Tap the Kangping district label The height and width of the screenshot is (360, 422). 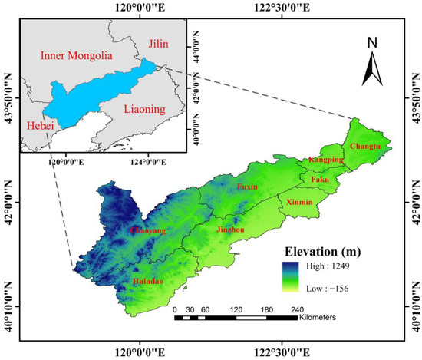pyautogui.click(x=324, y=160)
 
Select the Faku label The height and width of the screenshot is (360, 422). pyautogui.click(x=320, y=180)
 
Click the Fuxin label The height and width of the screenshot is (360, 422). pyautogui.click(x=246, y=187)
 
